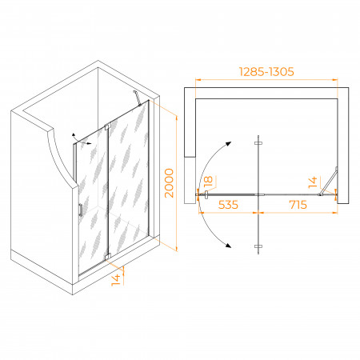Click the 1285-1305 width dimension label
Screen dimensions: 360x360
(x=266, y=71)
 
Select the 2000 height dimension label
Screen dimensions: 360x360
(x=169, y=183)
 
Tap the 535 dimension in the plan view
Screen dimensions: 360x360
(x=228, y=205)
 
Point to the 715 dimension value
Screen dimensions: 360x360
(x=298, y=205)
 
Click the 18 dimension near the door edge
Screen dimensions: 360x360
(x=208, y=182)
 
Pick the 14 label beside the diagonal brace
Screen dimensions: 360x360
(x=313, y=182)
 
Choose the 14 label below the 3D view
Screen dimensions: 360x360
(x=116, y=280)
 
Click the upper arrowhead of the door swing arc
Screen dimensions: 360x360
(x=228, y=144)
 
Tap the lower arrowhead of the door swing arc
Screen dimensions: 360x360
(x=228, y=246)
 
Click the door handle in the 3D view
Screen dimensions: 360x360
(x=81, y=210)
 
